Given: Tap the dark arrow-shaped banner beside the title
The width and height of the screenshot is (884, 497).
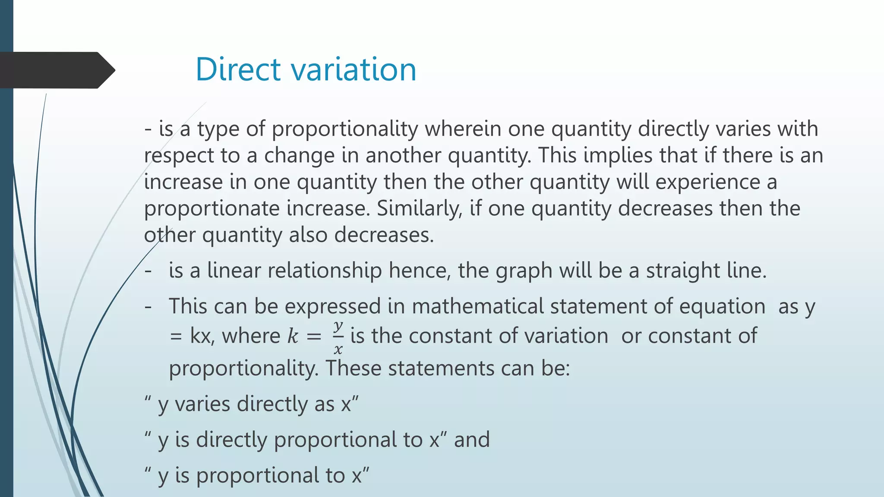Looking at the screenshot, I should pos(56,70).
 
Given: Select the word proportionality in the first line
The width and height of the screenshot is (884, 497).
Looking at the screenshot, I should pos(345,129).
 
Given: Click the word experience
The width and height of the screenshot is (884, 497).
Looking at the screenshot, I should pos(707,182).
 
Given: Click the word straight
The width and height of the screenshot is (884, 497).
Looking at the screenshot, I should pos(683,271).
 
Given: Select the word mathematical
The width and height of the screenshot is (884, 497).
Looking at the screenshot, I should pos(477,306).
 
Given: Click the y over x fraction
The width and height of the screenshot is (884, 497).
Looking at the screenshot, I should pos(338,337).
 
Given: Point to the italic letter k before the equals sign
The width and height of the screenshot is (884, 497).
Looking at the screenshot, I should pos(293,336).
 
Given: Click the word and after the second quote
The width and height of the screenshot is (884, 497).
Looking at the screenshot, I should pos(472,440).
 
